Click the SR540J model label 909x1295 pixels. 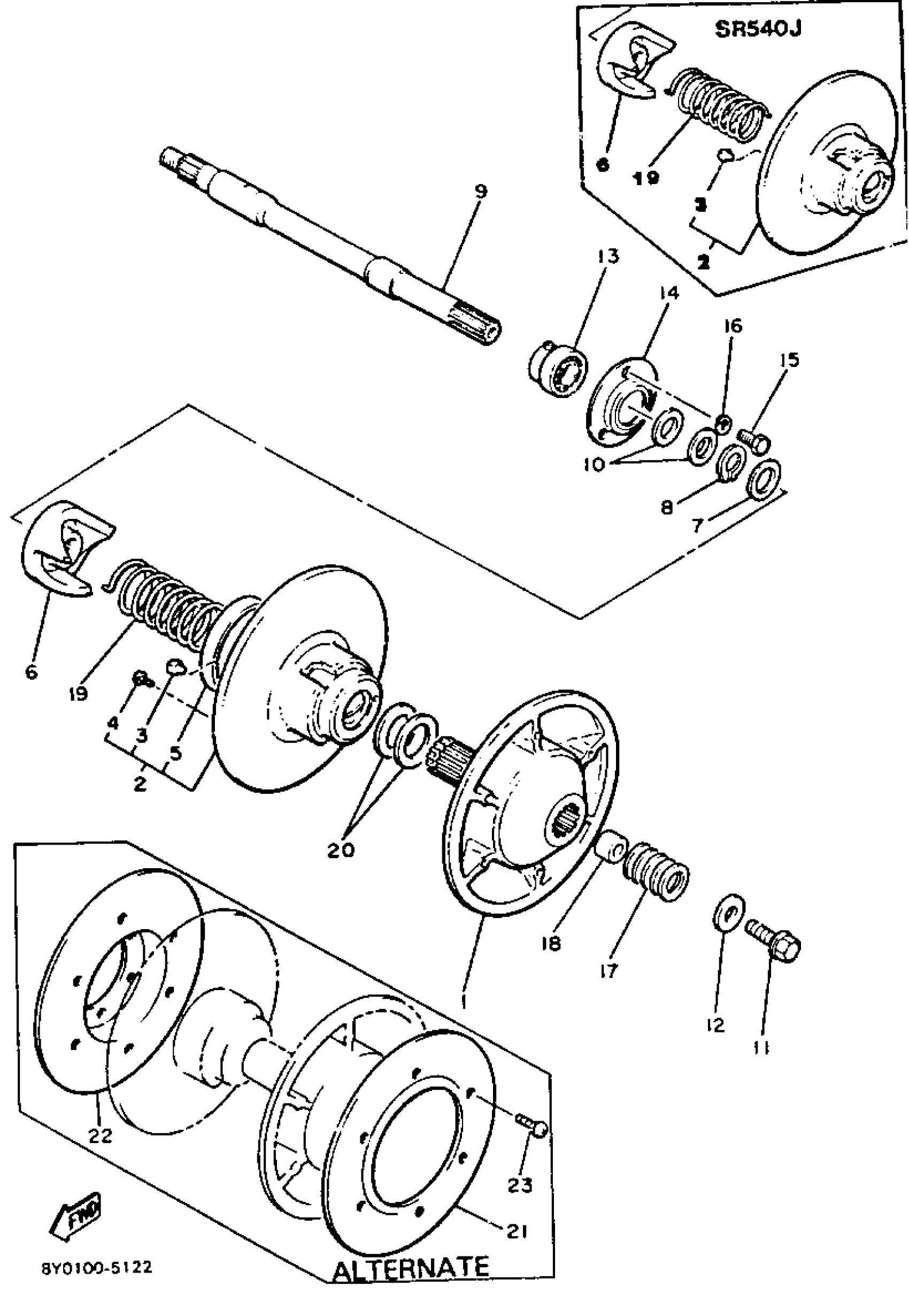point(757,29)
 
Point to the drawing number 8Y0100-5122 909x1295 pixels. point(96,1268)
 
